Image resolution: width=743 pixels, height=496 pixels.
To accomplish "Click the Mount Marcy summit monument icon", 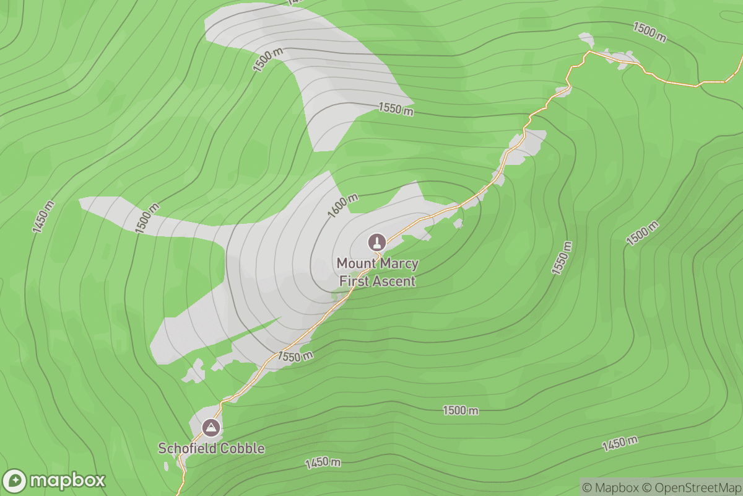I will click(376, 241).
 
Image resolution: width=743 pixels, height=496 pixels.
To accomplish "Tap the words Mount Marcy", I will click(377, 263).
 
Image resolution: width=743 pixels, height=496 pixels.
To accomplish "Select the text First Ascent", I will click(377, 281).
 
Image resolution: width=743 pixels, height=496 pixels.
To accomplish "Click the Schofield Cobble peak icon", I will click(211, 427).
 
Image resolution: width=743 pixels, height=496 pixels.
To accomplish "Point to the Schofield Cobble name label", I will click(211, 448).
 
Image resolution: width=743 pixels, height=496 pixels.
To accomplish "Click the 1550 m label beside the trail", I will click(295, 356).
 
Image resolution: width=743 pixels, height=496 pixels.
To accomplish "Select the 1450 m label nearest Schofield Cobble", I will click(323, 463).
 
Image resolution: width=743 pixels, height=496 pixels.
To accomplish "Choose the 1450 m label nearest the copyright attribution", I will click(620, 443).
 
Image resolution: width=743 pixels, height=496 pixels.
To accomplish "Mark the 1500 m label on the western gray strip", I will click(147, 218).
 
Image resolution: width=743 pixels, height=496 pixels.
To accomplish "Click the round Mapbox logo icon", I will click(15, 481).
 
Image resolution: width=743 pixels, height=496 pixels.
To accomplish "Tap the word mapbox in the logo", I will click(67, 481).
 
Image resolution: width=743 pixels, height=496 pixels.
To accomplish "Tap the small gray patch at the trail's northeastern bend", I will click(586, 41).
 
